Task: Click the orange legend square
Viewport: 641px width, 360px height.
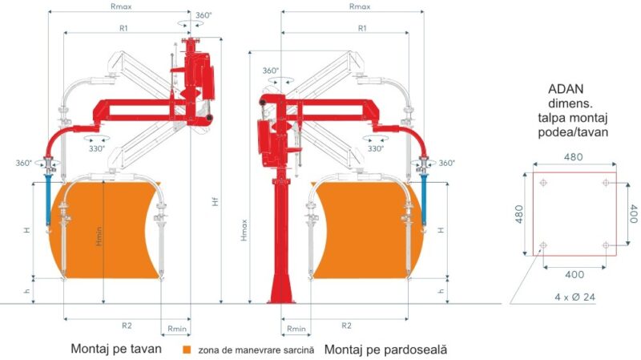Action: click(187, 350)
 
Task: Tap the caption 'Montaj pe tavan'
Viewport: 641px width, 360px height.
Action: click(116, 349)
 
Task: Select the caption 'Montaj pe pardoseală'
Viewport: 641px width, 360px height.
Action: click(385, 350)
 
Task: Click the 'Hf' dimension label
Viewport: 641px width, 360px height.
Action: click(216, 201)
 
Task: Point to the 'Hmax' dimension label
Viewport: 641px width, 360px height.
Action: click(244, 230)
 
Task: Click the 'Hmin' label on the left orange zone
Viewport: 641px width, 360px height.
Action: click(99, 237)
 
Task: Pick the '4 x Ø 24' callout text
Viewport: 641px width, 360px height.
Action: click(574, 297)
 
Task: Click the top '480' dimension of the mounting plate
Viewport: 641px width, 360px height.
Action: click(574, 157)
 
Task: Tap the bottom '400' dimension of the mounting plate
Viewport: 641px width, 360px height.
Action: click(574, 274)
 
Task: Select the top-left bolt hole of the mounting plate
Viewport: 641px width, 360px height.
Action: click(543, 183)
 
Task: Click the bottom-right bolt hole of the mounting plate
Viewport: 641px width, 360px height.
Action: click(606, 245)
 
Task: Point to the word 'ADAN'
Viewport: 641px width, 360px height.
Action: click(566, 89)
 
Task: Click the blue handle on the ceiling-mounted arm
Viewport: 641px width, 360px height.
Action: click(48, 198)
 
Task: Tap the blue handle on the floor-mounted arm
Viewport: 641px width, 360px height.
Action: click(424, 198)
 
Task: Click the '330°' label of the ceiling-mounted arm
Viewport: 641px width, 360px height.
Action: click(97, 148)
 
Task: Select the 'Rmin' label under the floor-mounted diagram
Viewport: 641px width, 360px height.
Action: click(296, 329)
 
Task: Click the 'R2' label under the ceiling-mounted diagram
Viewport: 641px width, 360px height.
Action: click(127, 326)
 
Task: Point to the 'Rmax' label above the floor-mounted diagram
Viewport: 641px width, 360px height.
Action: click(360, 6)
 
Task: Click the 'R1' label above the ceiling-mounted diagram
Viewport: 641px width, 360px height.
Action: click(123, 28)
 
